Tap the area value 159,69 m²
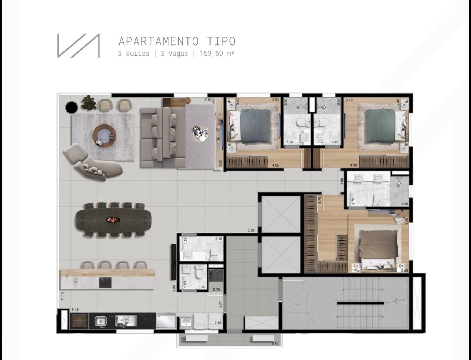[217, 54]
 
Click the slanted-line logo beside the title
[78, 46]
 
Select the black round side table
[72, 107]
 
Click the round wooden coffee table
[104, 136]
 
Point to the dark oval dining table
[114, 220]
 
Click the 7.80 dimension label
[208, 100]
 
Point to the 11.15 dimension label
[63, 296]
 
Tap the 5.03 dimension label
[404, 271]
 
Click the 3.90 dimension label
[251, 230]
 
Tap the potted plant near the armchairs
[89, 103]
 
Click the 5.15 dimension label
[75, 310]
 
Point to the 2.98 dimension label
[405, 204]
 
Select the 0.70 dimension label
[216, 290]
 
